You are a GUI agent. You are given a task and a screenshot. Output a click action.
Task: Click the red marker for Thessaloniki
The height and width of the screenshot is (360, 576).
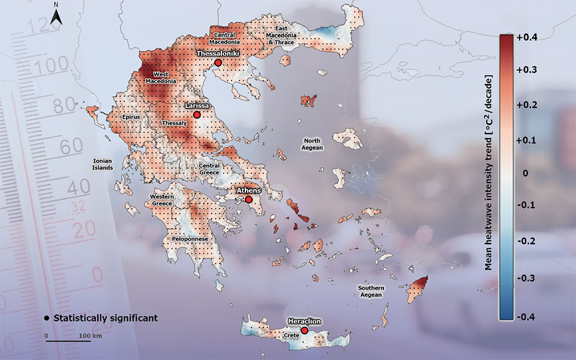(x=218, y=62)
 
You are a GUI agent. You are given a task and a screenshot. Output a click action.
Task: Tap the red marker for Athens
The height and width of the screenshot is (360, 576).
(x=249, y=199)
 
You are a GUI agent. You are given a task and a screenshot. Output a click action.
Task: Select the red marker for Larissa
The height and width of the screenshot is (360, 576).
(x=196, y=114)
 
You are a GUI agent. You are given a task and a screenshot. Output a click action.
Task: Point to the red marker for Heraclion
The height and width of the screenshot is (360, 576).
(x=305, y=331)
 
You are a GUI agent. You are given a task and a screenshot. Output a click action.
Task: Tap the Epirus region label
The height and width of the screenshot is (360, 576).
(x=130, y=116)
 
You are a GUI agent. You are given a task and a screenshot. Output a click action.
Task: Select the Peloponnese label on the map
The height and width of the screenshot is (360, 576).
(x=190, y=239)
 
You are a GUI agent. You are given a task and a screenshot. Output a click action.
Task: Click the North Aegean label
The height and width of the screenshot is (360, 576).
(x=313, y=144)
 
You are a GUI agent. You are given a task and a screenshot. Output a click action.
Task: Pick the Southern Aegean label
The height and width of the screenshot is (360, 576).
(x=371, y=292)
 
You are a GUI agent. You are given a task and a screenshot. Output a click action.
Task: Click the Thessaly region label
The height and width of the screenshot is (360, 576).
(x=175, y=123)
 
